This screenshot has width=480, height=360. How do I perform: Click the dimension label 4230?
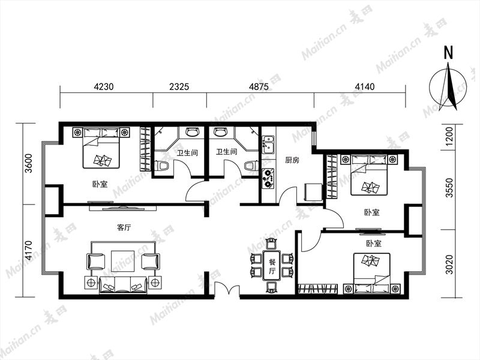tap(103, 87)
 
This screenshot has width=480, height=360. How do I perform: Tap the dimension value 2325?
tap(179, 87)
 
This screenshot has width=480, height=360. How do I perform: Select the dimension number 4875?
tap(259, 87)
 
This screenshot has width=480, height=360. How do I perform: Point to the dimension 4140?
tap(364, 87)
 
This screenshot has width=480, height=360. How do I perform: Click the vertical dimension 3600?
tap(28, 163)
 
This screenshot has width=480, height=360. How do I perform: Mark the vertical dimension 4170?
tap(28, 250)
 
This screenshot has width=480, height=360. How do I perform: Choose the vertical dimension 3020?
tap(449, 264)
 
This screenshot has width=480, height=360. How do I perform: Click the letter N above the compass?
tap(448, 53)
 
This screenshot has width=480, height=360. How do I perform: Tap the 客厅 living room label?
tap(124, 227)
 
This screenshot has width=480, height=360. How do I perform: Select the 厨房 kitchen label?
tap(292, 160)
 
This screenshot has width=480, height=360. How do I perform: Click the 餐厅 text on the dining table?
tap(272, 266)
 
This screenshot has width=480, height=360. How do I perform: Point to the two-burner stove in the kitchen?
tap(268, 178)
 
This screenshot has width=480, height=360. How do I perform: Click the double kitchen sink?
tap(268, 144)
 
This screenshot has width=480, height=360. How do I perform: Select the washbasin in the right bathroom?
tap(220, 132)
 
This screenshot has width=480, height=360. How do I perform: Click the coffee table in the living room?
tap(123, 261)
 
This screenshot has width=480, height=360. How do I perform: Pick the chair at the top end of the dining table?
tap(271, 244)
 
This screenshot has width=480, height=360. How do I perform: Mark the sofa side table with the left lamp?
tap(91, 282)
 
